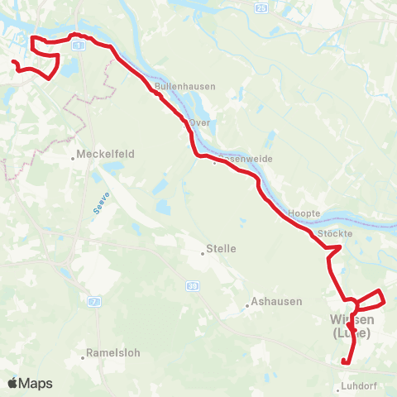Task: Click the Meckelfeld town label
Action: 105,154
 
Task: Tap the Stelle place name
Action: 222,248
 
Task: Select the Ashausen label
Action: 276,302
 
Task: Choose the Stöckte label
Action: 336,234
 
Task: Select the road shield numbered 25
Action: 262,7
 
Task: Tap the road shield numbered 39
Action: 193,285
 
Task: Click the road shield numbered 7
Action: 94,302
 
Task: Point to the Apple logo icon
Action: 12,383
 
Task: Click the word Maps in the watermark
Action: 36,384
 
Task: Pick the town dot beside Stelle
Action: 203,253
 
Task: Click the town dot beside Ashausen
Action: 246,306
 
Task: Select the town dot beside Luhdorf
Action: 339,388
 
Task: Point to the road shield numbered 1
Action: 79,48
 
